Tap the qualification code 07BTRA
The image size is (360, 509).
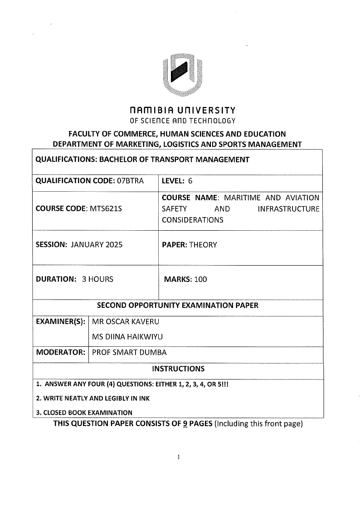[x=130, y=181]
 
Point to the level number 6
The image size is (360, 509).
[x=190, y=181]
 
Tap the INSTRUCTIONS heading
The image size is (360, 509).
[x=178, y=368]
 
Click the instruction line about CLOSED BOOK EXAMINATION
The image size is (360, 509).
[x=84, y=412]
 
